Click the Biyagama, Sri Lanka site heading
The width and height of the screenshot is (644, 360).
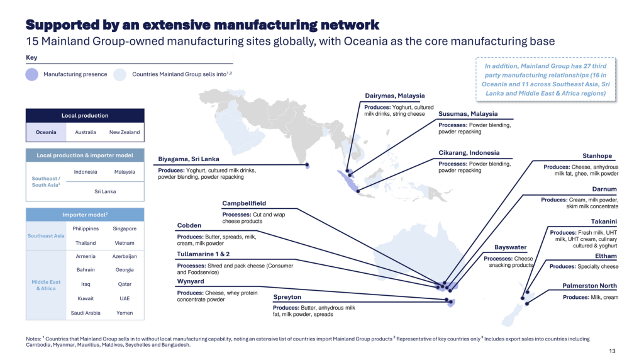click(188, 159)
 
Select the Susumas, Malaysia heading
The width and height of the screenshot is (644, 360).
click(468, 114)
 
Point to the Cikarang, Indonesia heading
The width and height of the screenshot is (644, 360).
click(469, 152)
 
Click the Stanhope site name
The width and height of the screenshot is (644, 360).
click(597, 156)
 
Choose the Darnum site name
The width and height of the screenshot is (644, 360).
click(604, 189)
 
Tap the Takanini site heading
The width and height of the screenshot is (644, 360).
click(604, 222)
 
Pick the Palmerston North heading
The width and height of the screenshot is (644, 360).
click(589, 286)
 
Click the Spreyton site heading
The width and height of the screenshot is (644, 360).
click(287, 297)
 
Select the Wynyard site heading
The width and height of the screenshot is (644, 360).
click(191, 281)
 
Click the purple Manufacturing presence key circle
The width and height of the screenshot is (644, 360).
click(32, 75)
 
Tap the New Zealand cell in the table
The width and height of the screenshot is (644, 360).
click(125, 132)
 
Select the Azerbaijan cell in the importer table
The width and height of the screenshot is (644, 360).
click(125, 257)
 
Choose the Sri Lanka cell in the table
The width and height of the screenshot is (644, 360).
click(104, 191)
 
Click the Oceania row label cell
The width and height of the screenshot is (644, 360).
click(45, 132)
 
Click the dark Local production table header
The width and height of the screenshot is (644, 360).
click(85, 116)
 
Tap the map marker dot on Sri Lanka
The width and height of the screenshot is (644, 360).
click(308, 166)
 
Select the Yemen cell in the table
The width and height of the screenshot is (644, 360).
click(125, 313)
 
